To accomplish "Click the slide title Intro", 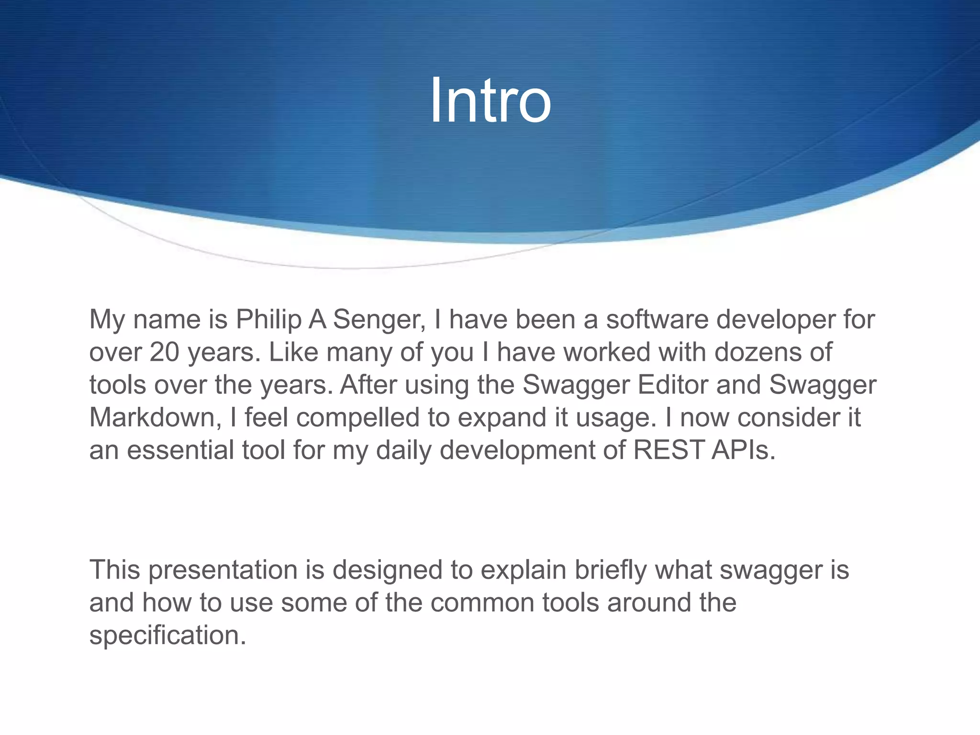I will pos(490,101).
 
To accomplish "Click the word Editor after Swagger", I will pos(673,385).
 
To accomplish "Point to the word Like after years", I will pos(293,353).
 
